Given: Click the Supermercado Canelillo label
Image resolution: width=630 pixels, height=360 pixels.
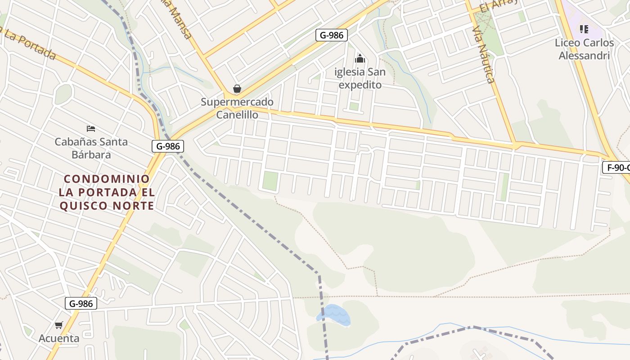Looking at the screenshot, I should pyautogui.click(x=237, y=108).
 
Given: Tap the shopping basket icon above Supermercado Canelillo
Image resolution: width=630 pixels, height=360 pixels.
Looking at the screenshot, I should pyautogui.click(x=237, y=89).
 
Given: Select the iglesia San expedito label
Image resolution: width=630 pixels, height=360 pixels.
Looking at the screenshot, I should pyautogui.click(x=360, y=78).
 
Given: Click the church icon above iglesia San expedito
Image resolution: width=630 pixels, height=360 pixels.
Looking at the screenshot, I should pyautogui.click(x=360, y=58).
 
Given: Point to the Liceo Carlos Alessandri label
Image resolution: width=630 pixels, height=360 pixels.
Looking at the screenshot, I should pyautogui.click(x=584, y=49).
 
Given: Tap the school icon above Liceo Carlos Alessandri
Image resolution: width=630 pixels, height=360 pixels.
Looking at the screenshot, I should pyautogui.click(x=584, y=29).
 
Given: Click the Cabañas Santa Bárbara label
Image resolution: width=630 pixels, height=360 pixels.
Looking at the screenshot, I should pyautogui.click(x=91, y=148).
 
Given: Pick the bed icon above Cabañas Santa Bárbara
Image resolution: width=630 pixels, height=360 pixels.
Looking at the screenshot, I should pyautogui.click(x=91, y=129).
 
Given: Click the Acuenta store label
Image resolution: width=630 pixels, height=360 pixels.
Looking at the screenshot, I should pyautogui.click(x=59, y=338).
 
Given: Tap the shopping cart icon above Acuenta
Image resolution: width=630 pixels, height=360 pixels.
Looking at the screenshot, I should pyautogui.click(x=58, y=325).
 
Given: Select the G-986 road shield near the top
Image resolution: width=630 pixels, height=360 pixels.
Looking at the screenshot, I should pyautogui.click(x=332, y=35).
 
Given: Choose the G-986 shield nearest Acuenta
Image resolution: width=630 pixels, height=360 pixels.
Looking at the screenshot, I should pyautogui.click(x=81, y=304).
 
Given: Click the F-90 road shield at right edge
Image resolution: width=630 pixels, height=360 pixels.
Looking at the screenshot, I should pyautogui.click(x=616, y=168).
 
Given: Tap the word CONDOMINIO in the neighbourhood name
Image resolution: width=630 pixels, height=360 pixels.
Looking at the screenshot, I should pyautogui.click(x=107, y=179).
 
